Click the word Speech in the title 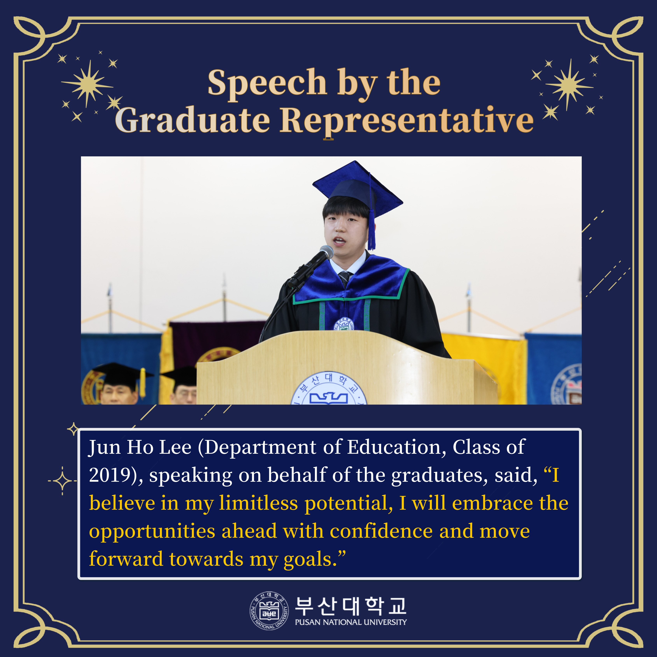tap(267, 83)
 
